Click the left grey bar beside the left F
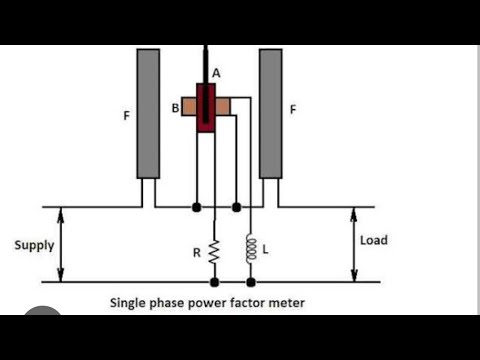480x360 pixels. point(148,113)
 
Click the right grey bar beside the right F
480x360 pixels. point(269,113)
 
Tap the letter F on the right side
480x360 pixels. point(292,110)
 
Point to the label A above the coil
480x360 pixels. point(216,73)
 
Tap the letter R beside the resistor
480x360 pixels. point(196,253)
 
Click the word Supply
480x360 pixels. point(34,245)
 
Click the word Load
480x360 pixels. point(373,241)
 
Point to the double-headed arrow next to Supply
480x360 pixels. point(62,244)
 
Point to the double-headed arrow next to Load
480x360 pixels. point(352,244)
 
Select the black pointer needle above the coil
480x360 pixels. point(205,62)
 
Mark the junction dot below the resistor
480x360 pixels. point(213,282)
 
